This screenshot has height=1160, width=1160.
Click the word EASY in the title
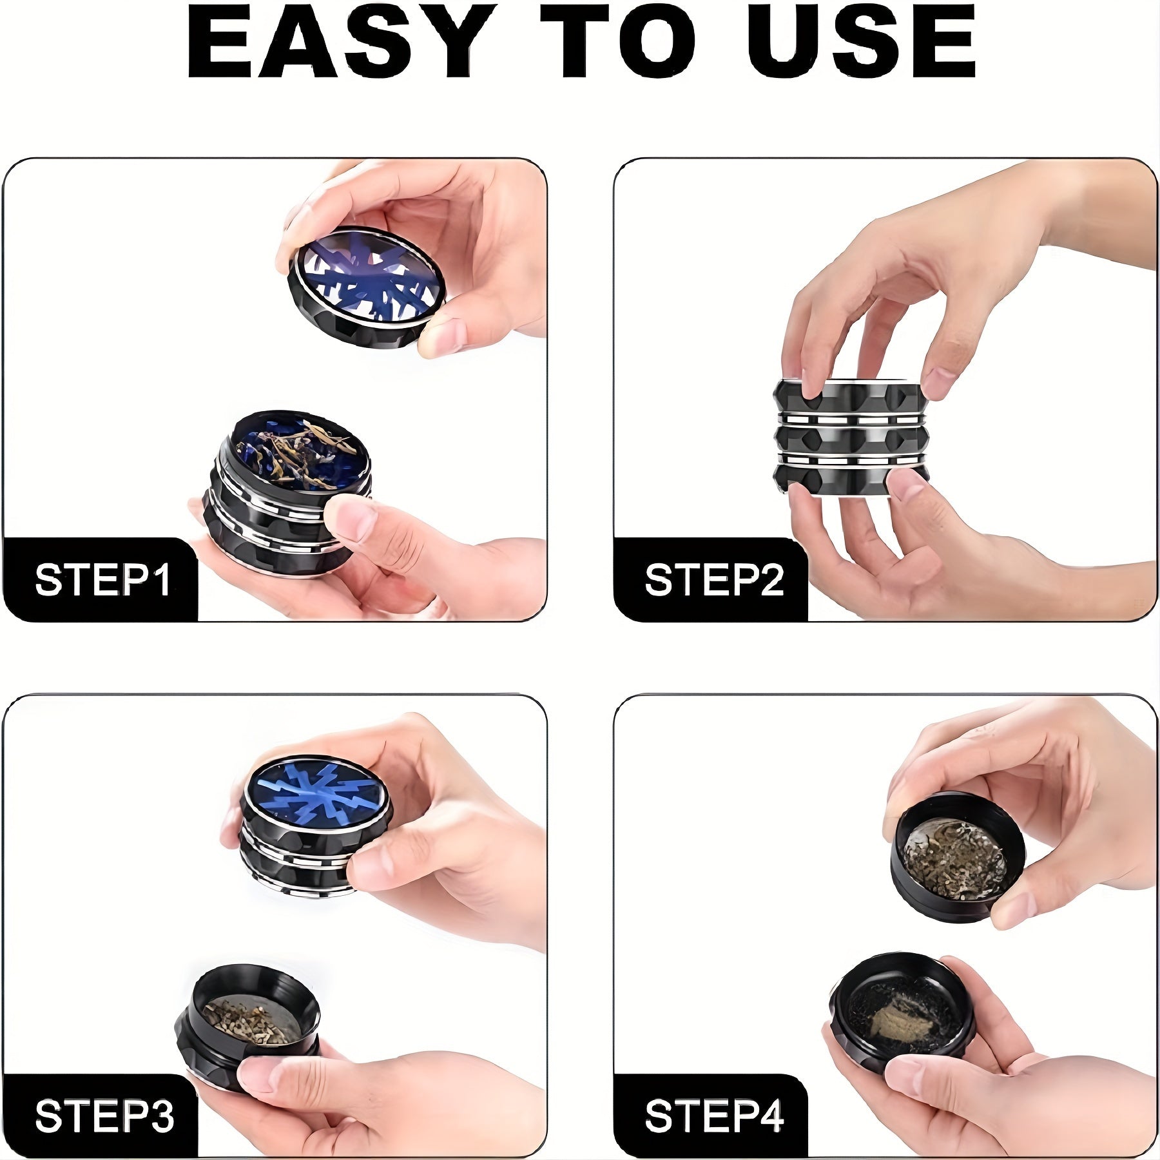point(342,42)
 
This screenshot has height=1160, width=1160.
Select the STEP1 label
point(103,580)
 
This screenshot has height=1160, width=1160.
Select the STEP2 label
point(714,580)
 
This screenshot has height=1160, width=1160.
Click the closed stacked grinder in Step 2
point(851,438)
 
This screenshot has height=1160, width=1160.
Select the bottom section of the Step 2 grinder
point(851,480)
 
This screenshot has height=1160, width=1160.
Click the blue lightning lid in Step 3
point(316,796)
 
